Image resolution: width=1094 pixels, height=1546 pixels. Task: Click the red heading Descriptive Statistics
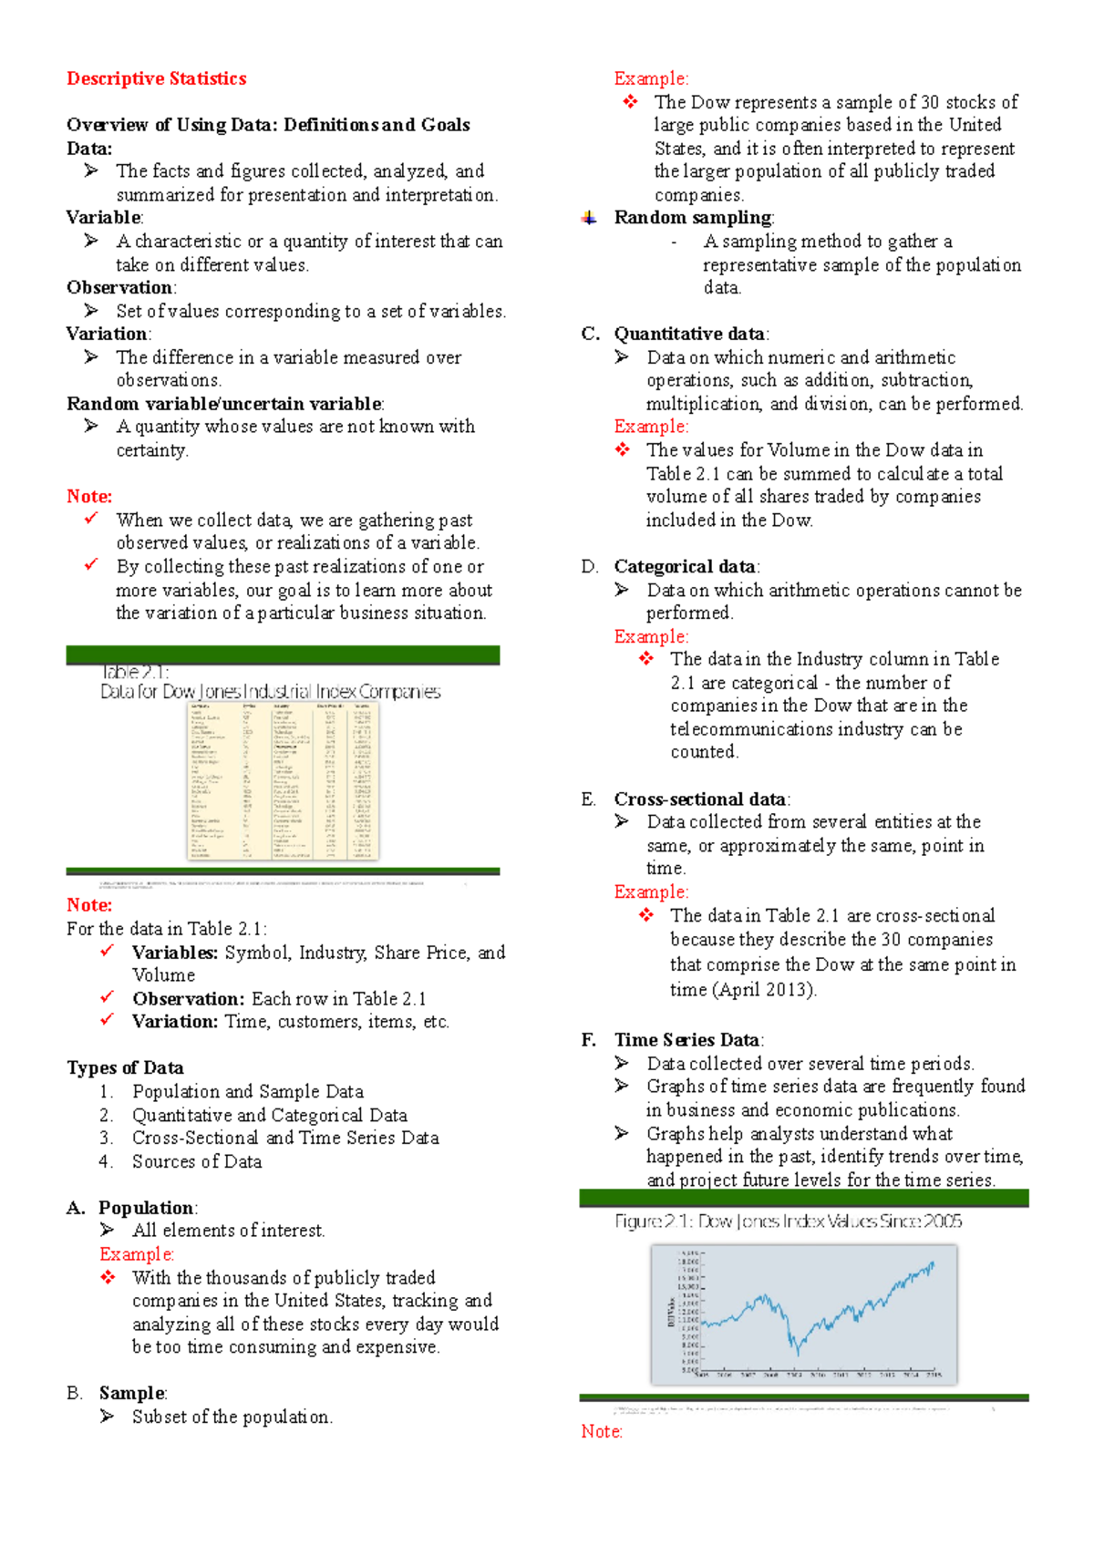[156, 78]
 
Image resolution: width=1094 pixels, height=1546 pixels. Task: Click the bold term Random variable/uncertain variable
[224, 404]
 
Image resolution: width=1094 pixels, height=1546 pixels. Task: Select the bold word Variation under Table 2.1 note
[173, 1022]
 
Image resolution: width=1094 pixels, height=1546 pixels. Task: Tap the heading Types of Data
[125, 1067]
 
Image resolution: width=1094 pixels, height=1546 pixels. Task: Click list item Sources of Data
[196, 1161]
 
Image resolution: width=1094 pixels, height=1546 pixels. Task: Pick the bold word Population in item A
[146, 1208]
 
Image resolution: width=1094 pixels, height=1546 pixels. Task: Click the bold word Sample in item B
[132, 1393]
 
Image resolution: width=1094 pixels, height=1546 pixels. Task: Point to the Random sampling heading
[692, 218]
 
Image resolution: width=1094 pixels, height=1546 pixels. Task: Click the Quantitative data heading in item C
[689, 334]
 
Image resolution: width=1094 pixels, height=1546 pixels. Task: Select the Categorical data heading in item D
[685, 567]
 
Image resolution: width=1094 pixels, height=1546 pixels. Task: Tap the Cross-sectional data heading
[700, 799]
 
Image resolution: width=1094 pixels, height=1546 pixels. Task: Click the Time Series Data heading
[686, 1040]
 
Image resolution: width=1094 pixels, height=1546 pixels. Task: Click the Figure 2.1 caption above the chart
[788, 1221]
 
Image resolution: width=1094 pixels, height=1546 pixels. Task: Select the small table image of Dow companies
[283, 781]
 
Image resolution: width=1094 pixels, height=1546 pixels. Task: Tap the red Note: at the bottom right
[601, 1431]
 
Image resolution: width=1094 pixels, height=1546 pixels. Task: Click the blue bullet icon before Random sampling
[589, 218]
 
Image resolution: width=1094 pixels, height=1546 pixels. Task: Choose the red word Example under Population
[136, 1254]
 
